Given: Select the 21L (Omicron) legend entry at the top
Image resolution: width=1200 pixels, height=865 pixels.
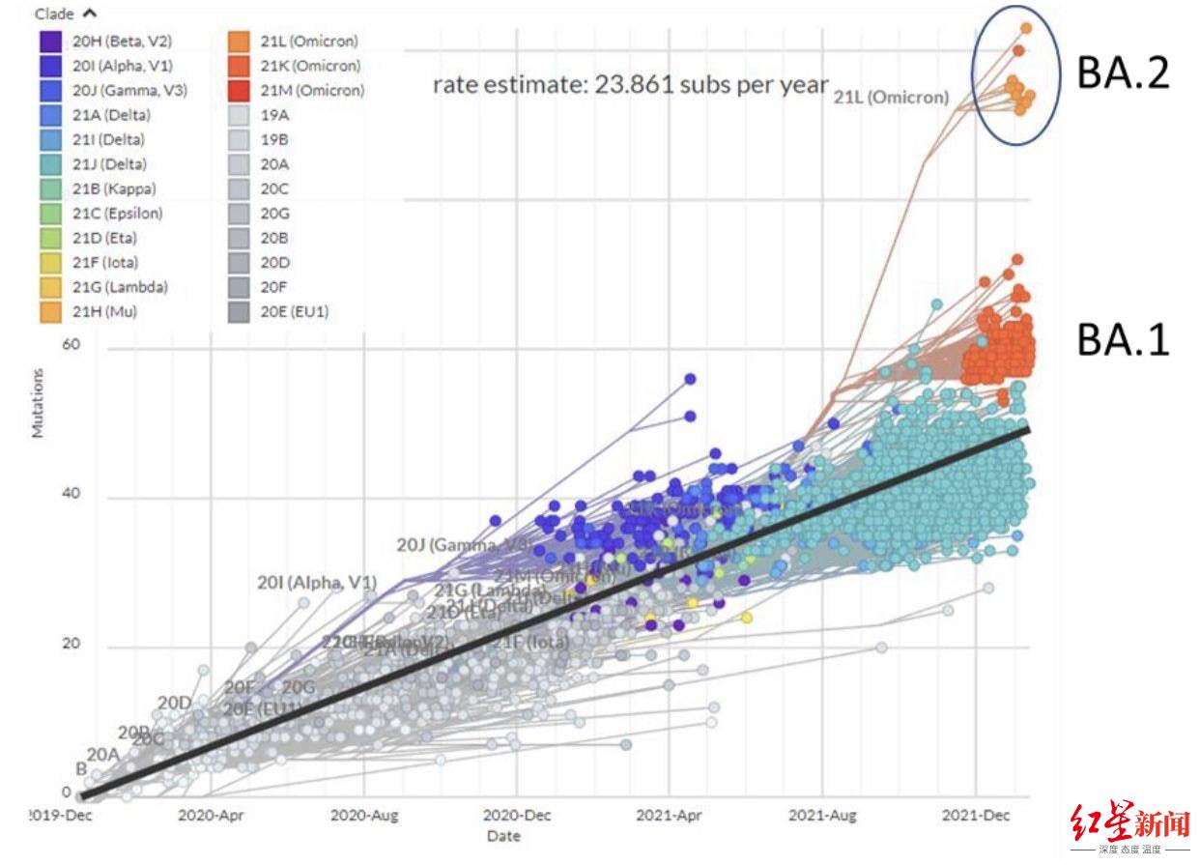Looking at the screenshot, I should pos(308,42).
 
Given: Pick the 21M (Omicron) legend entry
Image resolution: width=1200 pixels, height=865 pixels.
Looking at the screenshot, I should pos(312,91).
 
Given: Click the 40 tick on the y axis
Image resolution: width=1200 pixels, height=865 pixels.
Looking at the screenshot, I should pos(69,495).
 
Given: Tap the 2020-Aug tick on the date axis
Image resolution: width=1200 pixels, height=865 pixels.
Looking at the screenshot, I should pos(362,816).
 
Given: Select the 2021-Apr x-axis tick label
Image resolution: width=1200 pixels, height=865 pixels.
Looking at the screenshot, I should pos(668,816).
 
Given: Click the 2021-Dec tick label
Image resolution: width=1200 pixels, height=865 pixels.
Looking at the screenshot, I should pos(975,816).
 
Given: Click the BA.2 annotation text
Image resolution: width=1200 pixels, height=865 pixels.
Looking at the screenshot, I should pos(1123,72).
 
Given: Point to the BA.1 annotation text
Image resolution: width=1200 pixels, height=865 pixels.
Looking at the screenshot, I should pos(1123,339).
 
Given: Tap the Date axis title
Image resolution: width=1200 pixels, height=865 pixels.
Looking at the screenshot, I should pos(503,836).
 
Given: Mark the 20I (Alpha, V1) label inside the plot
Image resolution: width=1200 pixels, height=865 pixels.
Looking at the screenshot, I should pos(316,583).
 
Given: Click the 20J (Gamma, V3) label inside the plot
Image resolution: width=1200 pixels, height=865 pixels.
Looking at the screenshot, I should pos(462,544).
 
